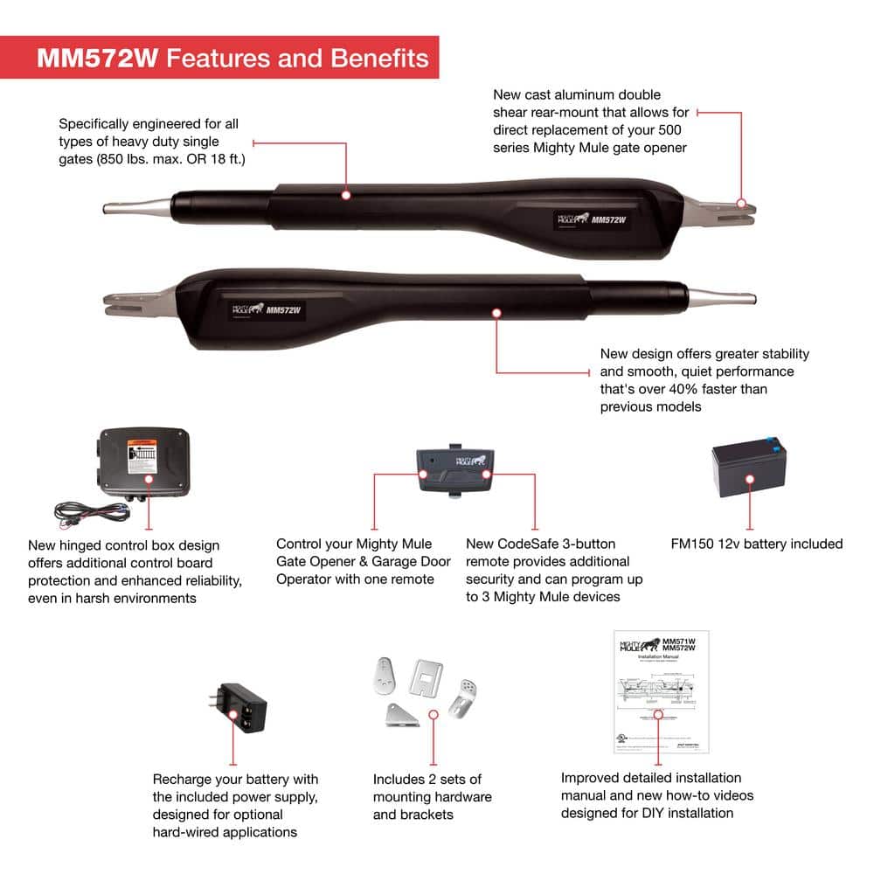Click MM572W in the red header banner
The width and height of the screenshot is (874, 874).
tap(97, 58)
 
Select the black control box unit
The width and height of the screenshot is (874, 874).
tap(145, 463)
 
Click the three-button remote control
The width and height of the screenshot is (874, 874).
tap(454, 471)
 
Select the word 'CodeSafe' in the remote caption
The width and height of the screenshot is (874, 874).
tap(531, 544)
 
